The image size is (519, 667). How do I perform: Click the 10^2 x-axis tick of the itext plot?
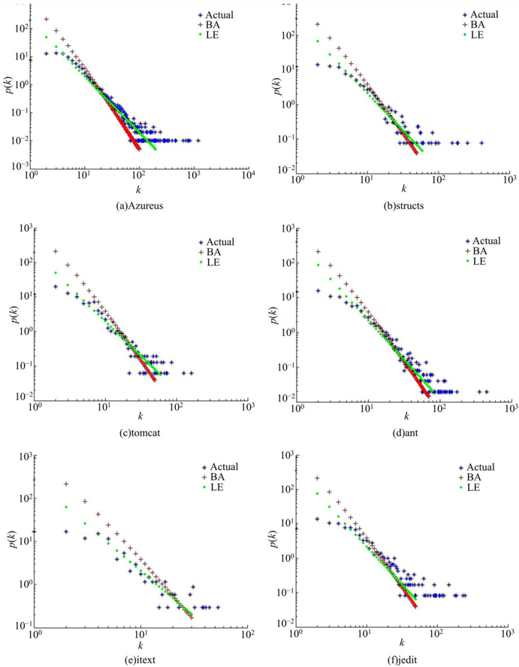[x=245, y=632]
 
